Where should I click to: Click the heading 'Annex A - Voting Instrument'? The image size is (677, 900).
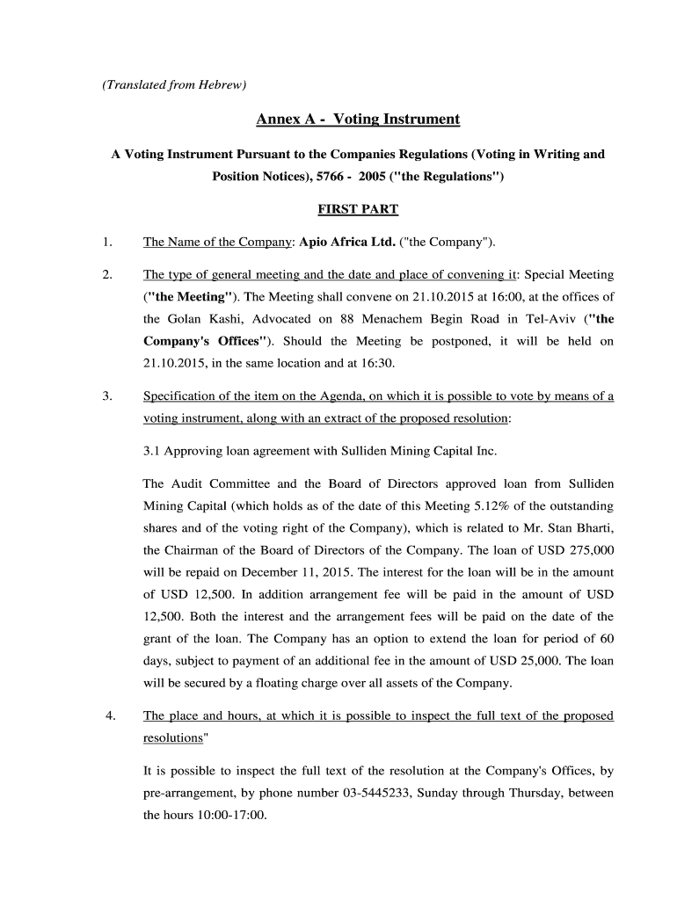click(x=358, y=119)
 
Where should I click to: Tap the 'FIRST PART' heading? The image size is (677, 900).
click(x=357, y=209)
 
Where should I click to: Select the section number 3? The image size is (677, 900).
click(x=106, y=396)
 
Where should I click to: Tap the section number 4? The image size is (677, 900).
click(x=110, y=715)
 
